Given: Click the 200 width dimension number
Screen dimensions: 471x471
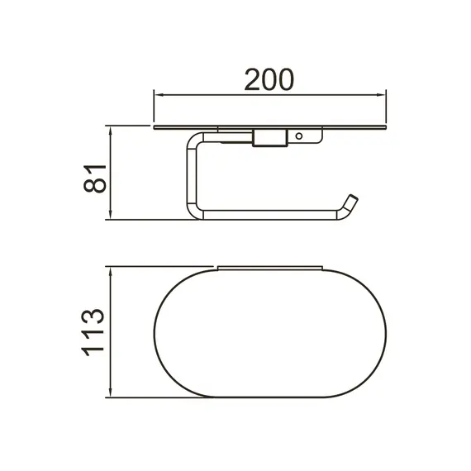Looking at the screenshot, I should point(270,79).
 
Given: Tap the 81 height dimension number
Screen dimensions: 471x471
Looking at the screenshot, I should point(96,175).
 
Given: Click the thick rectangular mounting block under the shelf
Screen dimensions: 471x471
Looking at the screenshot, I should point(269,139).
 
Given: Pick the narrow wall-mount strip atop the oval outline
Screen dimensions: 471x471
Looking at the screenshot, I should point(269,267).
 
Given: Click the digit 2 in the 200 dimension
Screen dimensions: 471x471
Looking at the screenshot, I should point(252,79).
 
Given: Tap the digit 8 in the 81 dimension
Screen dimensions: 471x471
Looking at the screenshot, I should point(96,185).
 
